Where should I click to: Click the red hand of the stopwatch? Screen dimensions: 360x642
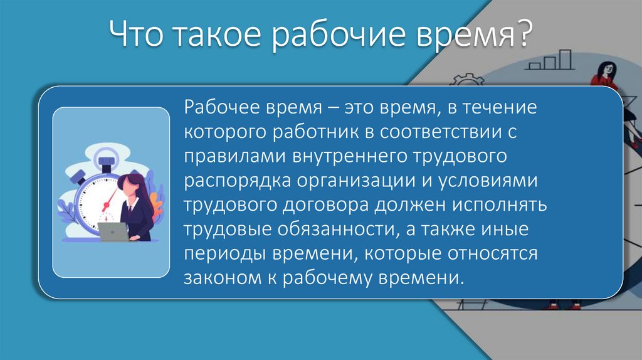[110, 201]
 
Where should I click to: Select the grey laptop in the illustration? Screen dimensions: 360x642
[113, 231]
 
